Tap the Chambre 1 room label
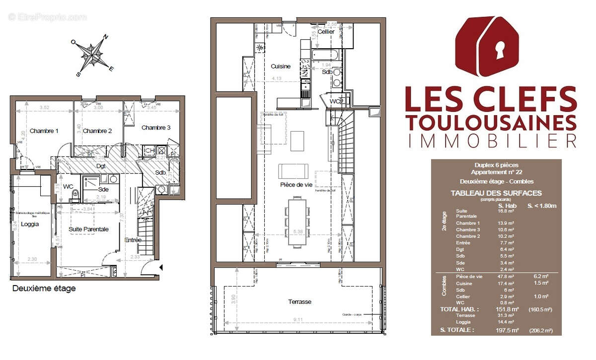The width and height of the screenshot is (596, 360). [44, 131]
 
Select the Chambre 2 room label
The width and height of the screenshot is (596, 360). [98, 131]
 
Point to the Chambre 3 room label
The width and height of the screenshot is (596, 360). [156, 128]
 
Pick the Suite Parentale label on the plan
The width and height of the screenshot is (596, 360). [89, 229]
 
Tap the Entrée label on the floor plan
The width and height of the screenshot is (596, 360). [133, 240]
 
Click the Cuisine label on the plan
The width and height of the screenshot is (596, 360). [281, 66]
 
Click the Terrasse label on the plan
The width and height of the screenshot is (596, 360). [300, 302]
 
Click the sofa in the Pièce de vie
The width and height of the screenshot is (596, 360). [294, 170]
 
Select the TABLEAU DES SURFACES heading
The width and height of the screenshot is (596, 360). [496, 193]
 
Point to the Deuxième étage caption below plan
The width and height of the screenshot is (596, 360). [44, 288]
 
